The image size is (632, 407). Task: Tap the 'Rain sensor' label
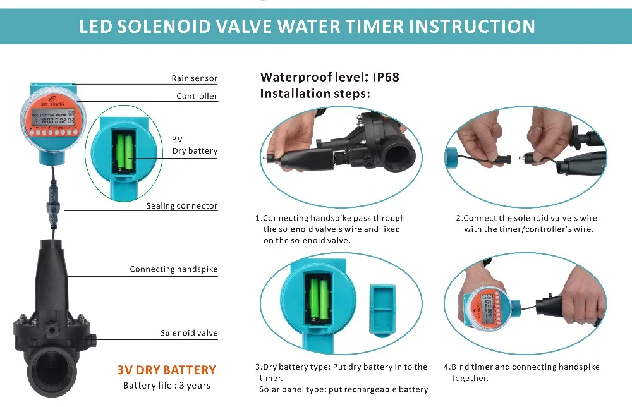[x=194, y=78]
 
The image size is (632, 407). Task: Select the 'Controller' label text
[x=197, y=96]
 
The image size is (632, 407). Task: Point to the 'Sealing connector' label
[x=181, y=206]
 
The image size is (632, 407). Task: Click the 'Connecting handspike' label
[x=173, y=269]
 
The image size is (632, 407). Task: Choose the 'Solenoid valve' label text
[x=188, y=333]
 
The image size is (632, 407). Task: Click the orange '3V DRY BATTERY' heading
[x=166, y=370]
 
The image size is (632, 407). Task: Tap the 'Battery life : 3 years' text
[x=166, y=386]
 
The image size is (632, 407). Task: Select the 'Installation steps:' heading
[x=315, y=94]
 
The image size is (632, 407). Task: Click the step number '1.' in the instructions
[x=258, y=219]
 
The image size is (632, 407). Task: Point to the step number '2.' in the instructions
[x=459, y=219]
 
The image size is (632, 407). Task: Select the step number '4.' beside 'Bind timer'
[x=446, y=367]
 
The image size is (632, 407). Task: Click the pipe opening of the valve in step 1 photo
[x=396, y=151]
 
